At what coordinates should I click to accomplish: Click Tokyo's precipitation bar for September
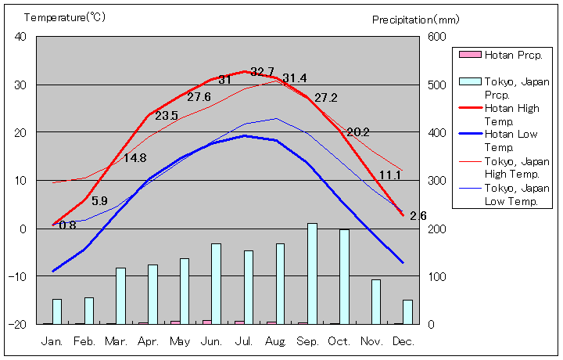point(312,273)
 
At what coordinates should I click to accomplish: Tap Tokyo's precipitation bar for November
point(376,301)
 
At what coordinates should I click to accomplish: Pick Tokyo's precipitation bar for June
point(216,283)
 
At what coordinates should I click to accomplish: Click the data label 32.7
point(262,72)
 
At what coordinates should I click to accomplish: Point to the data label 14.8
point(134,158)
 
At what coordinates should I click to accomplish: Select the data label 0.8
point(67,225)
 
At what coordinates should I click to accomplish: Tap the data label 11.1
point(389,175)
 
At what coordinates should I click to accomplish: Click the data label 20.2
point(357,132)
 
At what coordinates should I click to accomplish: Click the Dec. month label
point(403,341)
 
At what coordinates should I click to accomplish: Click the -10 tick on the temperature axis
point(17,276)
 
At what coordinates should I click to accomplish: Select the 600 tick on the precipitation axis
point(436,37)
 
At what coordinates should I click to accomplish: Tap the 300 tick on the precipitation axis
point(436,181)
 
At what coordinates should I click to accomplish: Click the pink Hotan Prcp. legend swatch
point(469,55)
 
